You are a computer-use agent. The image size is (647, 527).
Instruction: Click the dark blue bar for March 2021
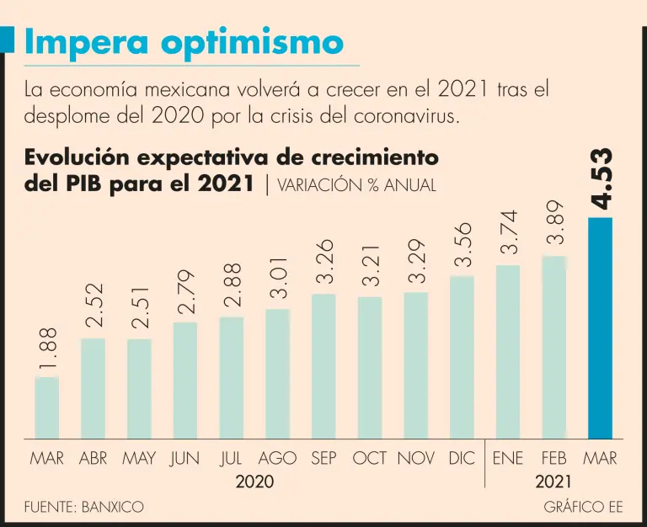600,328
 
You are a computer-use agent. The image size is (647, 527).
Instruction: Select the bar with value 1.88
47,408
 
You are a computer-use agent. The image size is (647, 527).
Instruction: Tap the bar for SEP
323,366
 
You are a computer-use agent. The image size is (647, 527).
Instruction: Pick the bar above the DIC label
462,357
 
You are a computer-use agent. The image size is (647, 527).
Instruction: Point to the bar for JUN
185,381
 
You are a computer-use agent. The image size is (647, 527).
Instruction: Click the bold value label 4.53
600,178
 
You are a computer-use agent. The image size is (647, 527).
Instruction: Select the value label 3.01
278,278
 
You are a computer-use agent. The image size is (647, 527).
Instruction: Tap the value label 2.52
94,305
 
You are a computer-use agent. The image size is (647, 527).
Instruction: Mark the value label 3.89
554,224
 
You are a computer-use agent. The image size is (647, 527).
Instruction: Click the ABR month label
94,459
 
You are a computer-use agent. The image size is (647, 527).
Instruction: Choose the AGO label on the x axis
278,459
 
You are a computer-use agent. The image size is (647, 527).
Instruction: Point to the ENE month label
508,459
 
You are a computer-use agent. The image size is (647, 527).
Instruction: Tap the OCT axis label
370,459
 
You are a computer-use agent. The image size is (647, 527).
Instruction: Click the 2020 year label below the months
254,482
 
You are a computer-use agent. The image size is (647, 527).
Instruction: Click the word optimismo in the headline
255,41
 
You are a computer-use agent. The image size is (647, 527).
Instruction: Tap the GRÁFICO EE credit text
584,507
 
